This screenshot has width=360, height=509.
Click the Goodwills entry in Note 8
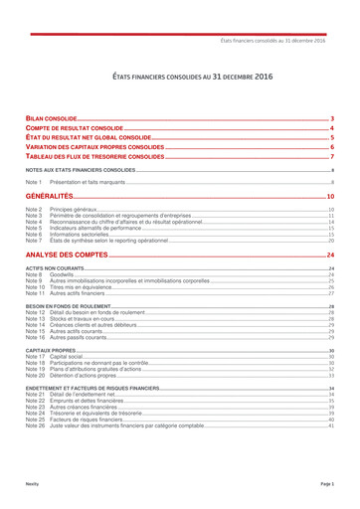click(x=63, y=275)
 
